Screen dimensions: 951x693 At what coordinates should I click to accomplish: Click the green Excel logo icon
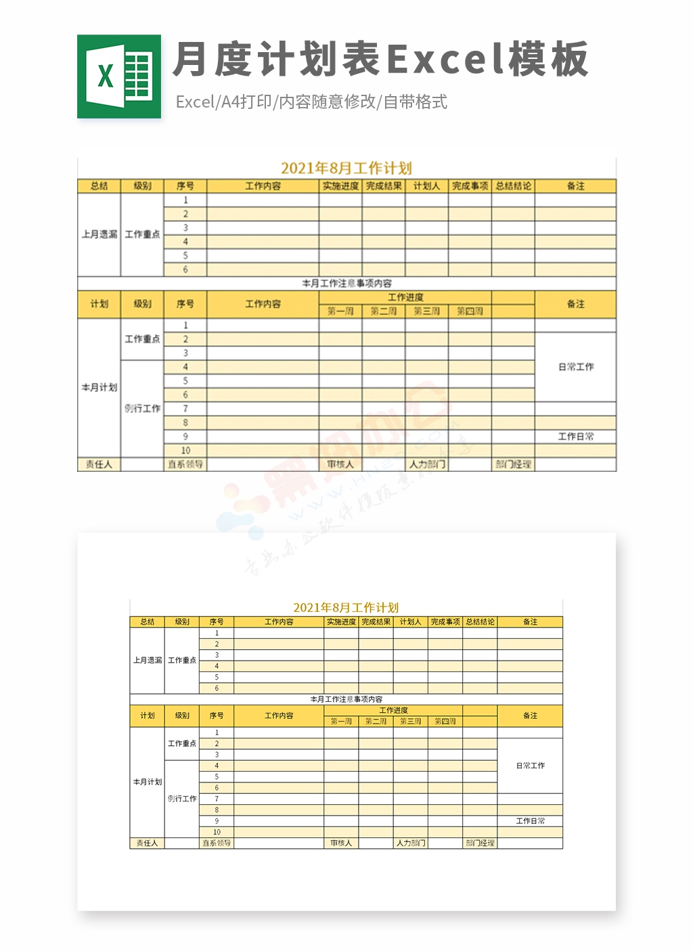point(119,76)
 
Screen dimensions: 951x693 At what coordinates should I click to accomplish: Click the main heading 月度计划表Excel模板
point(380,60)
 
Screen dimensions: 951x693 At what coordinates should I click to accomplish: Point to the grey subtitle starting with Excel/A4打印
point(311,102)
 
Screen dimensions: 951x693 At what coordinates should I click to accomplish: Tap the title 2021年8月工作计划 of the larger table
point(346,168)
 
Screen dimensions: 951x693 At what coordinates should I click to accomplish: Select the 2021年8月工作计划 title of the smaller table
point(346,607)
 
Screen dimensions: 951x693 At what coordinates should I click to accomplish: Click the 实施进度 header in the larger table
point(340,186)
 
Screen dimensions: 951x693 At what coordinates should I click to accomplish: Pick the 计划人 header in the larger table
point(426,186)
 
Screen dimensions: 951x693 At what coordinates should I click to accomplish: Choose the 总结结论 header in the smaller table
point(480,621)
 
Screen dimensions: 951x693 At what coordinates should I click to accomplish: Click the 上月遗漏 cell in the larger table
point(99,234)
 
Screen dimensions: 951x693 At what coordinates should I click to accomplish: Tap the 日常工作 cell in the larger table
point(575,367)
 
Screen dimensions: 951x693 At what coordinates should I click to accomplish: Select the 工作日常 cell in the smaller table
point(530,821)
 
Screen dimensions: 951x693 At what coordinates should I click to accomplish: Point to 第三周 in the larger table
point(426,311)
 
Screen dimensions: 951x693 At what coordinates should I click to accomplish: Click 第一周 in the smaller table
point(341,722)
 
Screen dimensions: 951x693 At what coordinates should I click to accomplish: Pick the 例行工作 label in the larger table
point(142,409)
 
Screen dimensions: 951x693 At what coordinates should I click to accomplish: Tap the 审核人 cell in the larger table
point(340,464)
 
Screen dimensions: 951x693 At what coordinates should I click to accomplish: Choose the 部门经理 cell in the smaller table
point(480,843)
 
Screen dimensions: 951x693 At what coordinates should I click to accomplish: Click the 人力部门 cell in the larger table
point(426,464)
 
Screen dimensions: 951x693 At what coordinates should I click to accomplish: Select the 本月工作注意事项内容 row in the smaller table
point(346,699)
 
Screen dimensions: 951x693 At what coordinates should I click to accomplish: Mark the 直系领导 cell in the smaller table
point(217,843)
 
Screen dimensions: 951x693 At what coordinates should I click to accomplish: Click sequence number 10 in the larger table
point(185,451)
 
